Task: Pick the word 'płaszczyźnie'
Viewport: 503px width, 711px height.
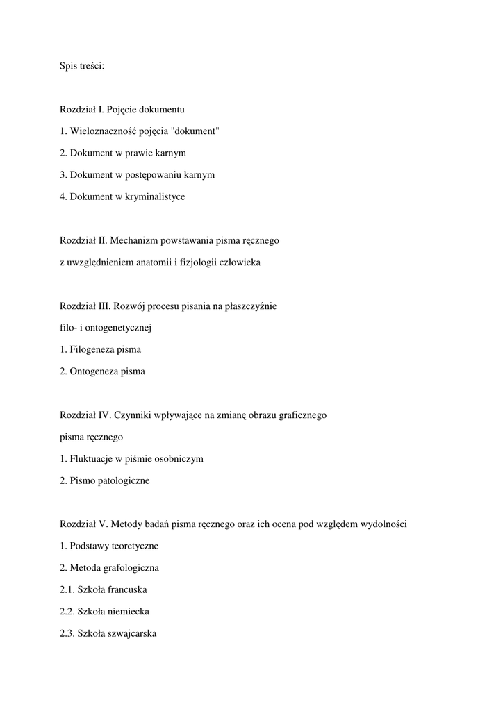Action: point(251,306)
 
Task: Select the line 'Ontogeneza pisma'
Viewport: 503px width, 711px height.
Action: point(102,371)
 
